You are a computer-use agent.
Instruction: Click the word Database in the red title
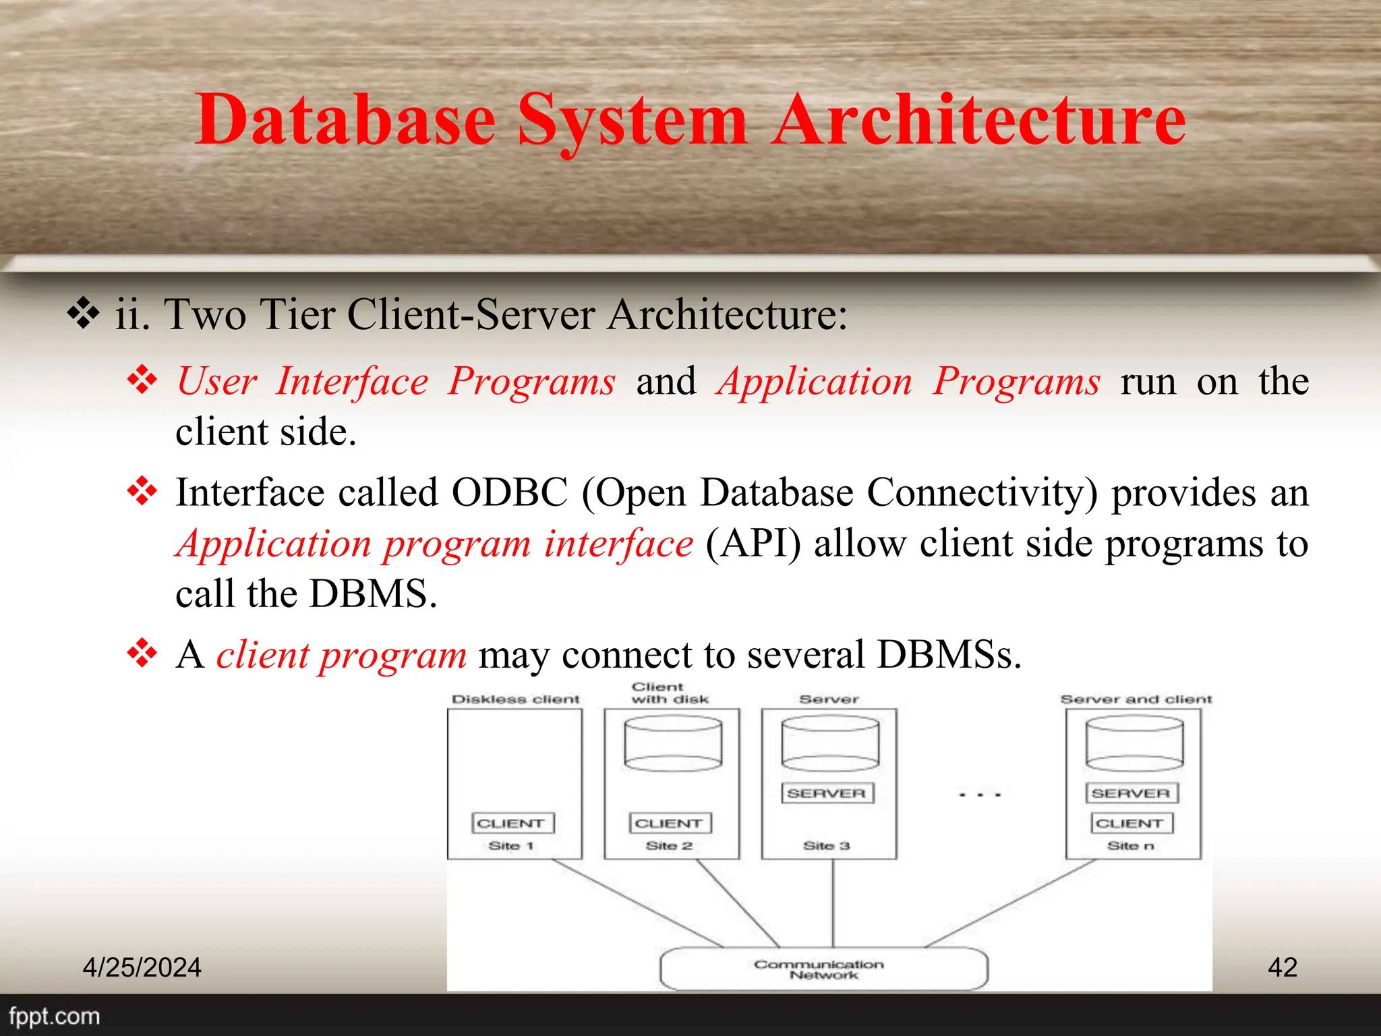click(x=345, y=120)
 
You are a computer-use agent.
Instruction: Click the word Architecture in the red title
click(x=979, y=120)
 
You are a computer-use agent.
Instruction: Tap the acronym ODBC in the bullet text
click(x=510, y=492)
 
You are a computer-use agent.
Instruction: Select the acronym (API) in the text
click(x=753, y=544)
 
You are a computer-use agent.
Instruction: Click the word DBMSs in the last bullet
click(x=948, y=654)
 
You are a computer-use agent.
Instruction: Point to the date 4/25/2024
click(x=142, y=967)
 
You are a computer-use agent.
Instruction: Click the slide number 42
click(x=1282, y=967)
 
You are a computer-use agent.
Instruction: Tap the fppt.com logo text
click(x=54, y=1016)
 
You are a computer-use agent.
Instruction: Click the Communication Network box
click(x=823, y=969)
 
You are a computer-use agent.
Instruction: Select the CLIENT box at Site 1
click(x=512, y=824)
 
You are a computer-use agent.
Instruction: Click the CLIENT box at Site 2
click(x=670, y=824)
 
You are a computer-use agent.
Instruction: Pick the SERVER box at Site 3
click(x=827, y=793)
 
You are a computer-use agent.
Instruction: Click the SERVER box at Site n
click(x=1132, y=793)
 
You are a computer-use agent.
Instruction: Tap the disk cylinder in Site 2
click(x=672, y=743)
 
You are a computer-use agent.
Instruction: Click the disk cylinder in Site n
click(x=1134, y=743)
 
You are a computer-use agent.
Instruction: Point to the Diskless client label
click(x=515, y=699)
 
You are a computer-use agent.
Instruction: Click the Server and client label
click(x=1136, y=699)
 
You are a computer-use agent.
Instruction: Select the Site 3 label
click(x=826, y=846)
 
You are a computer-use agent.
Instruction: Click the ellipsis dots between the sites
click(x=980, y=795)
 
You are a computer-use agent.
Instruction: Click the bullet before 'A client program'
click(x=142, y=653)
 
